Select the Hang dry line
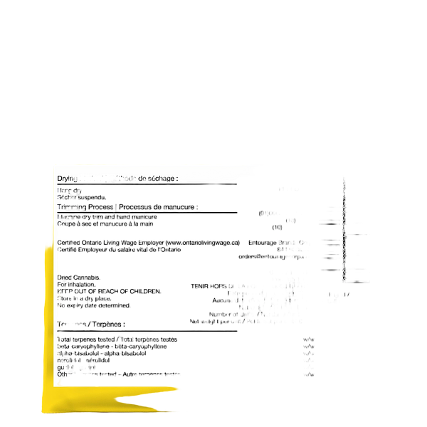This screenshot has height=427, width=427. click(70, 190)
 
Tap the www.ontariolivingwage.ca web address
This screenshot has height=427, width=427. click(204, 242)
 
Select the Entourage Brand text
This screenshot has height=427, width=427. click(269, 242)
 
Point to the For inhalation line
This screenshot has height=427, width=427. click(75, 283)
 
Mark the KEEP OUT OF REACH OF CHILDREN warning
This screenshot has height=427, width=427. click(111, 290)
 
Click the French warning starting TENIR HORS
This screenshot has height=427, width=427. click(235, 285)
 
